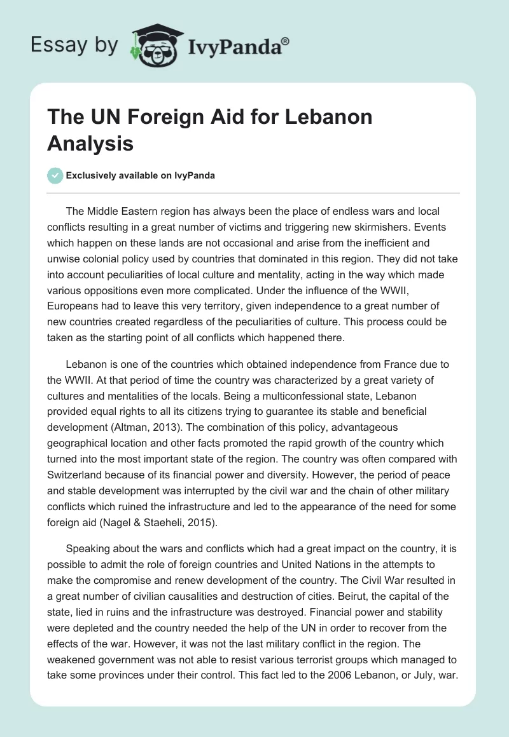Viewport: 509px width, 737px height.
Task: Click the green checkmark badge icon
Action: (x=55, y=175)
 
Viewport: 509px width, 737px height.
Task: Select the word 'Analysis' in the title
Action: (x=90, y=143)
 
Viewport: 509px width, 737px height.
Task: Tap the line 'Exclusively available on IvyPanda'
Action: (x=141, y=176)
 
